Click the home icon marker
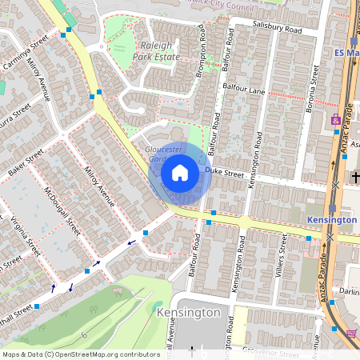(180, 173)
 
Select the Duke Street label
(223, 171)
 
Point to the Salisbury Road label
(275, 29)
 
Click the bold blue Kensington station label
(331, 219)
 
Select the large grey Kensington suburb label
(188, 312)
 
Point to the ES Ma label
(345, 53)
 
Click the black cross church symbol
(355, 176)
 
